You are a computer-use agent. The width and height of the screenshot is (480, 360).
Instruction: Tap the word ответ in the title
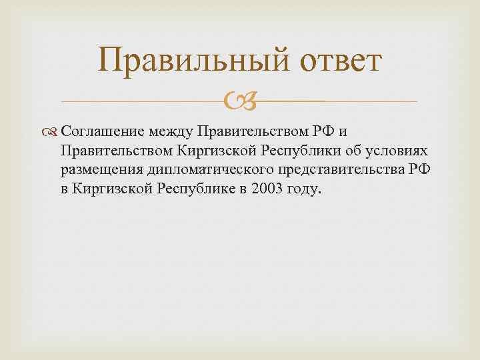click(x=338, y=61)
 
